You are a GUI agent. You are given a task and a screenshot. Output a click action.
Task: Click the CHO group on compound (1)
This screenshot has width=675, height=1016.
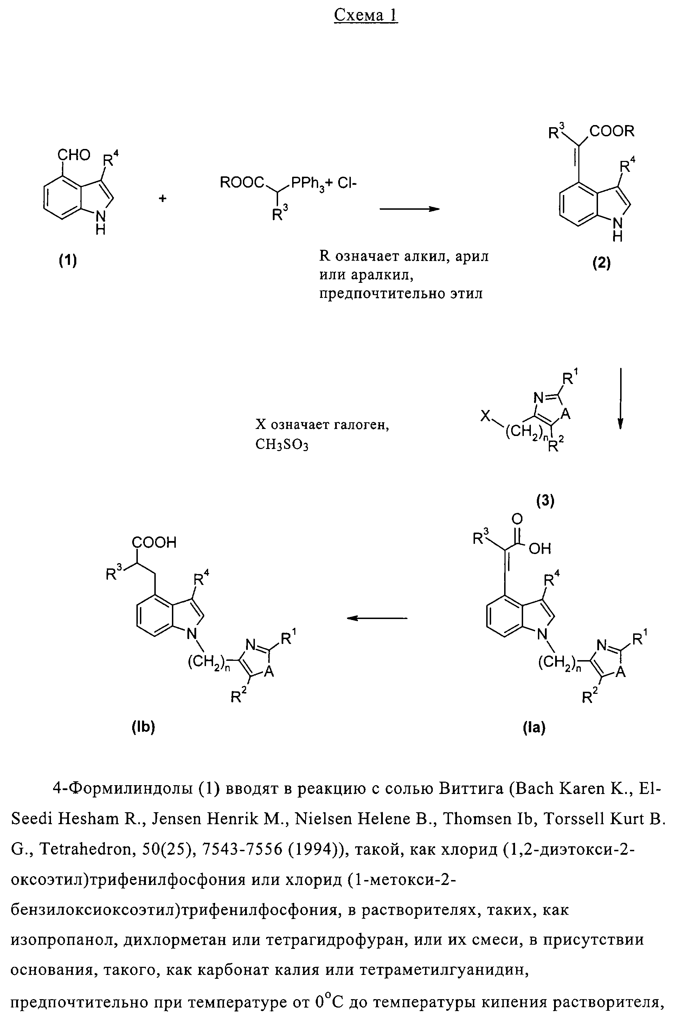click(74, 155)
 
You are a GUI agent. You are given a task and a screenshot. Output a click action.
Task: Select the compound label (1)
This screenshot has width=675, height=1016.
click(68, 260)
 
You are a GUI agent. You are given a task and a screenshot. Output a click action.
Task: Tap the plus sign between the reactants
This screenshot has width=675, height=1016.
click(163, 199)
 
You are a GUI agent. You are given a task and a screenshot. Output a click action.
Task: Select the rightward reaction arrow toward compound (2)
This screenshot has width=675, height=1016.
click(409, 209)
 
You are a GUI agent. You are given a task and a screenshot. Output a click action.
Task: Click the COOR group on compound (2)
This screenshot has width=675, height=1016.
click(612, 131)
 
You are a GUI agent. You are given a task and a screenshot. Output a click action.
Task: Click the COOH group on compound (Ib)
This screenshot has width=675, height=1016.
click(154, 542)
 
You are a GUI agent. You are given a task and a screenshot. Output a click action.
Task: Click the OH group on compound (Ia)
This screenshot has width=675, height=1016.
click(540, 548)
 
